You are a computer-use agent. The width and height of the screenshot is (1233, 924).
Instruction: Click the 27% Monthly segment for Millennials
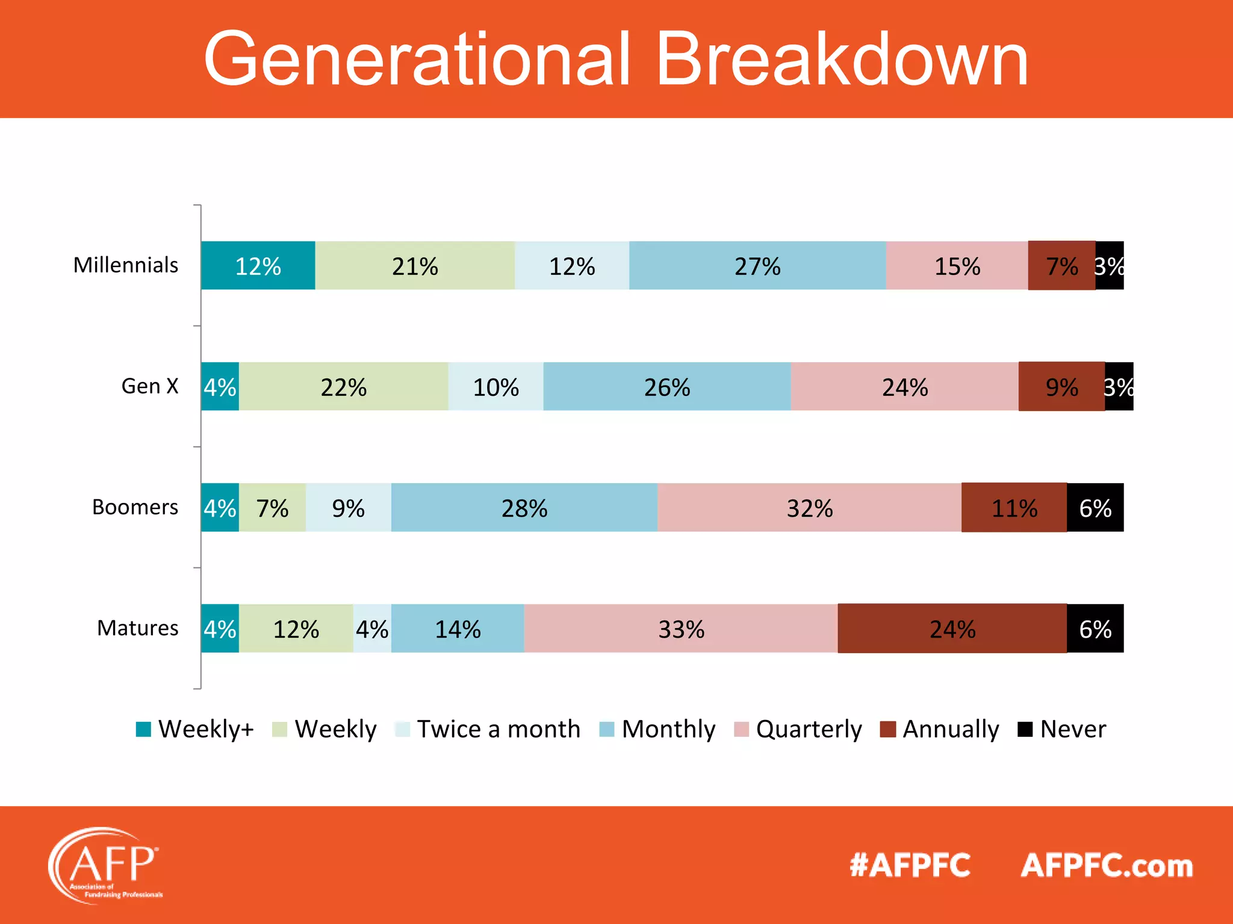pyautogui.click(x=757, y=266)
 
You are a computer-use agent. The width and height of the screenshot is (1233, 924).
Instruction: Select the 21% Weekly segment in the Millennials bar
pyautogui.click(x=415, y=266)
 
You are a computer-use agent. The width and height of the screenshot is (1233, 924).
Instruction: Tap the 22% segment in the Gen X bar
pyautogui.click(x=343, y=387)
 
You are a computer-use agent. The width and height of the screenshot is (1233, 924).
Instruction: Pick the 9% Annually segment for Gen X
pyautogui.click(x=1061, y=387)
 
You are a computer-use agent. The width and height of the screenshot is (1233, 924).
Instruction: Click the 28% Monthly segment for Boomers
pyautogui.click(x=524, y=508)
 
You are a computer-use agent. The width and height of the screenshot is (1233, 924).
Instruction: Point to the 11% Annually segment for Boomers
pyautogui.click(x=1014, y=508)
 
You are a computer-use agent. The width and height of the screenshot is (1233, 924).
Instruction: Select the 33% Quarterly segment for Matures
pyautogui.click(x=680, y=629)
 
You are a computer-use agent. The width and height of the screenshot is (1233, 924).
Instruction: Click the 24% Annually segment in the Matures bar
pyautogui.click(x=952, y=629)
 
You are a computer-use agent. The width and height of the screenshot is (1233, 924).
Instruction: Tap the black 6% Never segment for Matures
pyautogui.click(x=1095, y=629)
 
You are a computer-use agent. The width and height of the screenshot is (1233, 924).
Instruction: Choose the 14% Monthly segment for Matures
pyautogui.click(x=458, y=629)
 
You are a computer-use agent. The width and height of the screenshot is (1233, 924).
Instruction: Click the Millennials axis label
pyautogui.click(x=126, y=265)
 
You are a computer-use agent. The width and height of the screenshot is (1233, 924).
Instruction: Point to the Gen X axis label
pyautogui.click(x=150, y=386)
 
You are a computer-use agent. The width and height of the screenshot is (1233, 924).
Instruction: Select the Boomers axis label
pyautogui.click(x=135, y=507)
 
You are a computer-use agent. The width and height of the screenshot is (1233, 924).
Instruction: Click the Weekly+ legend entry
pyautogui.click(x=196, y=729)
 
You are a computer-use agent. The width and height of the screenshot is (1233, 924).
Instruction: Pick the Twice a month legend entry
pyautogui.click(x=488, y=729)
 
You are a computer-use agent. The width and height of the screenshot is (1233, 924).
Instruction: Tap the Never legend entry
pyautogui.click(x=1062, y=729)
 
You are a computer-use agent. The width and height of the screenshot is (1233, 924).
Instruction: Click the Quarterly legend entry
pyautogui.click(x=798, y=729)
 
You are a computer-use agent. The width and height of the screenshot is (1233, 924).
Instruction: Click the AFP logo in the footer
pyautogui.click(x=105, y=865)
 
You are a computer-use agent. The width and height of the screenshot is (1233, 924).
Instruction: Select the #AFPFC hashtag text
pyautogui.click(x=910, y=866)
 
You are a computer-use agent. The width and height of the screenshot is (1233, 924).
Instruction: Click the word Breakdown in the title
pyautogui.click(x=841, y=60)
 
